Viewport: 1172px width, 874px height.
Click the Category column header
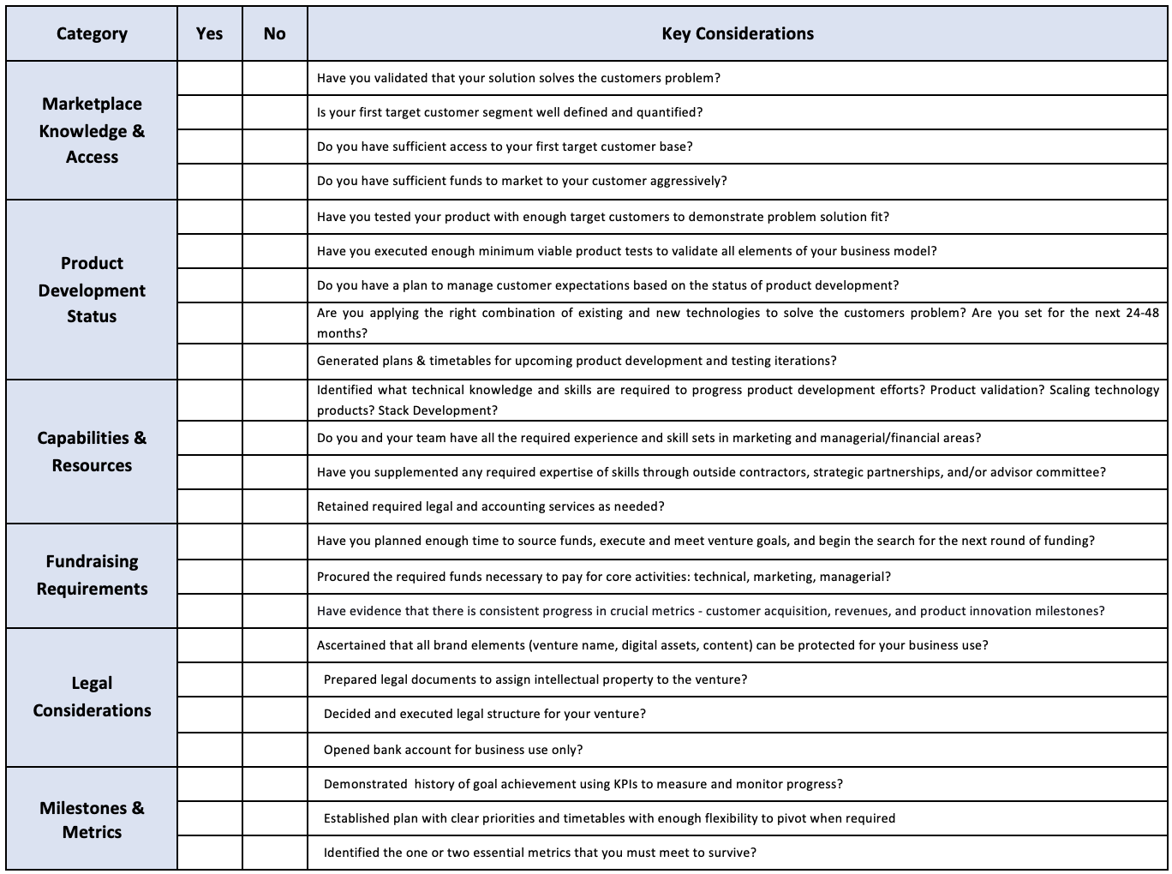[92, 34]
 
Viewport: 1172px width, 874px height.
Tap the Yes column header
[209, 34]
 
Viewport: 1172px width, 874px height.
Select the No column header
[274, 34]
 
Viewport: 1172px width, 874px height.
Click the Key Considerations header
[737, 34]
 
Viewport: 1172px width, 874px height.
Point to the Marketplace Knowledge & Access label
[92, 130]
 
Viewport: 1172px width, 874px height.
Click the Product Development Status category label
[92, 290]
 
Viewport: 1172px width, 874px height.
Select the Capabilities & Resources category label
[92, 452]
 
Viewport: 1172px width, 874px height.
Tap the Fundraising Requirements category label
[92, 575]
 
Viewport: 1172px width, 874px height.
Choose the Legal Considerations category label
[92, 697]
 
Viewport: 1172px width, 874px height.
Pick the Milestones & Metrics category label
[92, 819]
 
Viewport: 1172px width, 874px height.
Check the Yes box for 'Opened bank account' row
[210, 750]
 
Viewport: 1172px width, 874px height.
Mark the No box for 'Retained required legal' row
[275, 506]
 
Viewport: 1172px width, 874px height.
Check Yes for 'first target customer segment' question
[210, 112]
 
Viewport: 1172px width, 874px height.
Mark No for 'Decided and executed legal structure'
[275, 714]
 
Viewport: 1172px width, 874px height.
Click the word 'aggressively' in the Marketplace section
[689, 181]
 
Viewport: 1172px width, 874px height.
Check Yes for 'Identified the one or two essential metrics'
[210, 853]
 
